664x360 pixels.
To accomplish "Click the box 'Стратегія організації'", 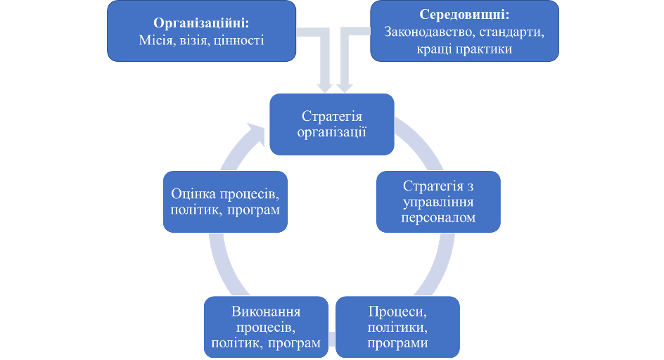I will pos(333,124).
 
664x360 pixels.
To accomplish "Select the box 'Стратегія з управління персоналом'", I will pos(438,202).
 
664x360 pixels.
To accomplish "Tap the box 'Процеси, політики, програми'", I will pos(397,327).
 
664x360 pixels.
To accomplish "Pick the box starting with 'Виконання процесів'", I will pos(266,327).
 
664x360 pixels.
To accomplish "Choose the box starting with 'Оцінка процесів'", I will pos(224,202).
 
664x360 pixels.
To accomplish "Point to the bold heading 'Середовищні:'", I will pos(464,15).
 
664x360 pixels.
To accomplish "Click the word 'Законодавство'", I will pos(430,32).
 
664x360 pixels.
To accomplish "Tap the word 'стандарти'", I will pos(516,32).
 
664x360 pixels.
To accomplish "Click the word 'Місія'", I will pos(154,40).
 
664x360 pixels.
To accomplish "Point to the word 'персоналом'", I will pos(438,218).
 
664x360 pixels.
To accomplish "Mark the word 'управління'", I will pos(438,202).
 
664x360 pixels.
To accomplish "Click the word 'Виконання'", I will pos(266,312).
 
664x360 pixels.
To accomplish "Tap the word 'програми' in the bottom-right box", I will pos(397,343).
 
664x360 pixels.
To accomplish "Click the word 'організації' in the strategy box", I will pos(333,132).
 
